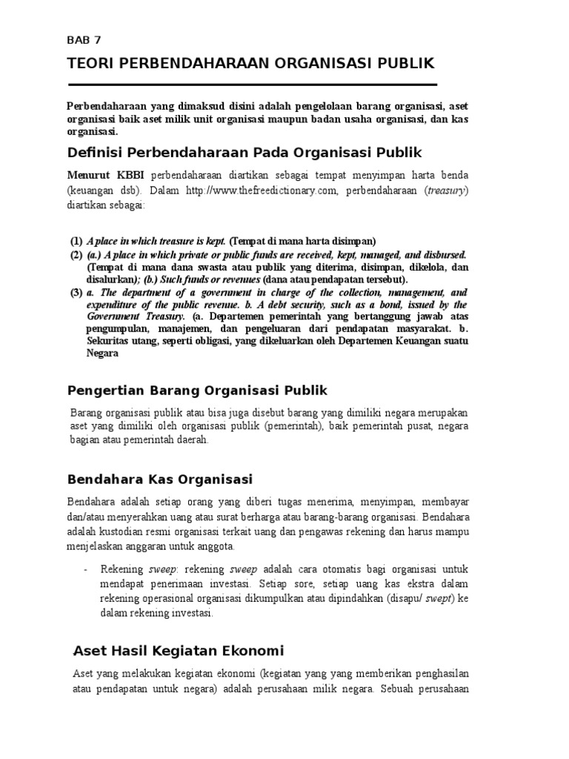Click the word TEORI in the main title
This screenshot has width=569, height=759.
(88, 64)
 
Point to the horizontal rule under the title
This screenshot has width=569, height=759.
(252, 85)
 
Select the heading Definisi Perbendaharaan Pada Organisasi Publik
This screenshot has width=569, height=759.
(244, 153)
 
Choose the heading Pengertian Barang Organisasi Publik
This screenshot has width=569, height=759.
(197, 391)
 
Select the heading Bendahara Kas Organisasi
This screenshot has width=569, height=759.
(160, 479)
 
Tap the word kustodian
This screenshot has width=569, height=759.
(126, 532)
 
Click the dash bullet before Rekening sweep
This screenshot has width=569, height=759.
(87, 569)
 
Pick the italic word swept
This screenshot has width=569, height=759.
(446, 599)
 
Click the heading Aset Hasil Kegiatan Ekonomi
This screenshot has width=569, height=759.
(179, 651)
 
